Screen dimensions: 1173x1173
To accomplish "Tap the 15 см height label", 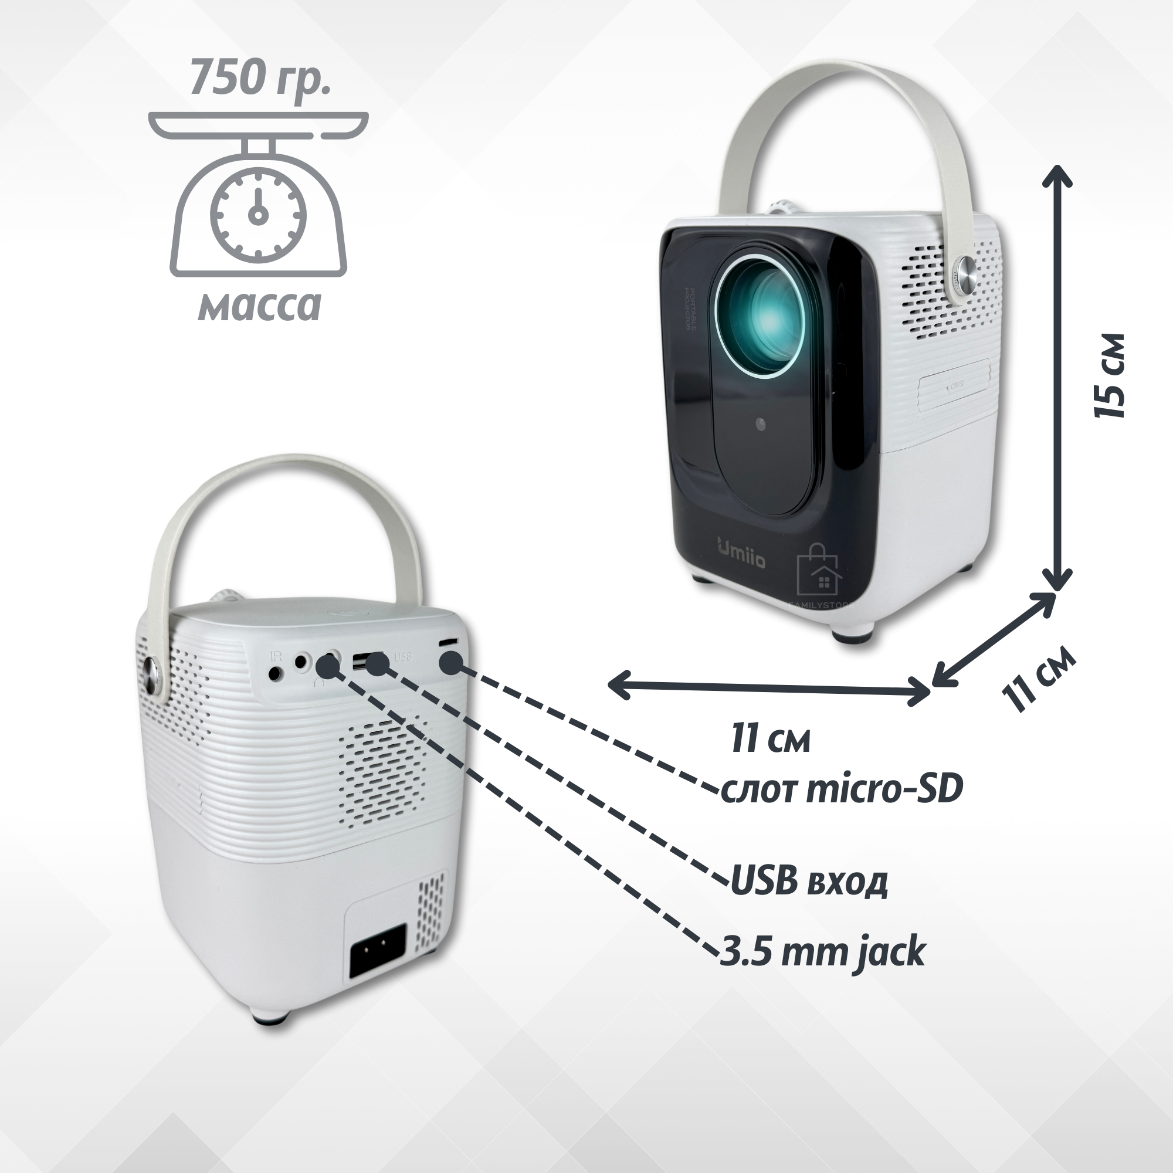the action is click(1109, 375).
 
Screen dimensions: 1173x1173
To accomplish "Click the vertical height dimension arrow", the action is click(1057, 377).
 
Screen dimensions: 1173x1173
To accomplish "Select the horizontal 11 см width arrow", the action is click(769, 688).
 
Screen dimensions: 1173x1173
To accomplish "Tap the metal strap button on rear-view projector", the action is click(152, 676).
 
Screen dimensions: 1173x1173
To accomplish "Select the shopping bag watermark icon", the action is click(817, 569).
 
